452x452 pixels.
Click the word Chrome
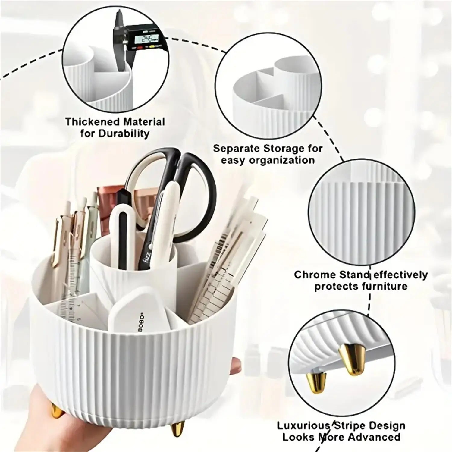315,275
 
